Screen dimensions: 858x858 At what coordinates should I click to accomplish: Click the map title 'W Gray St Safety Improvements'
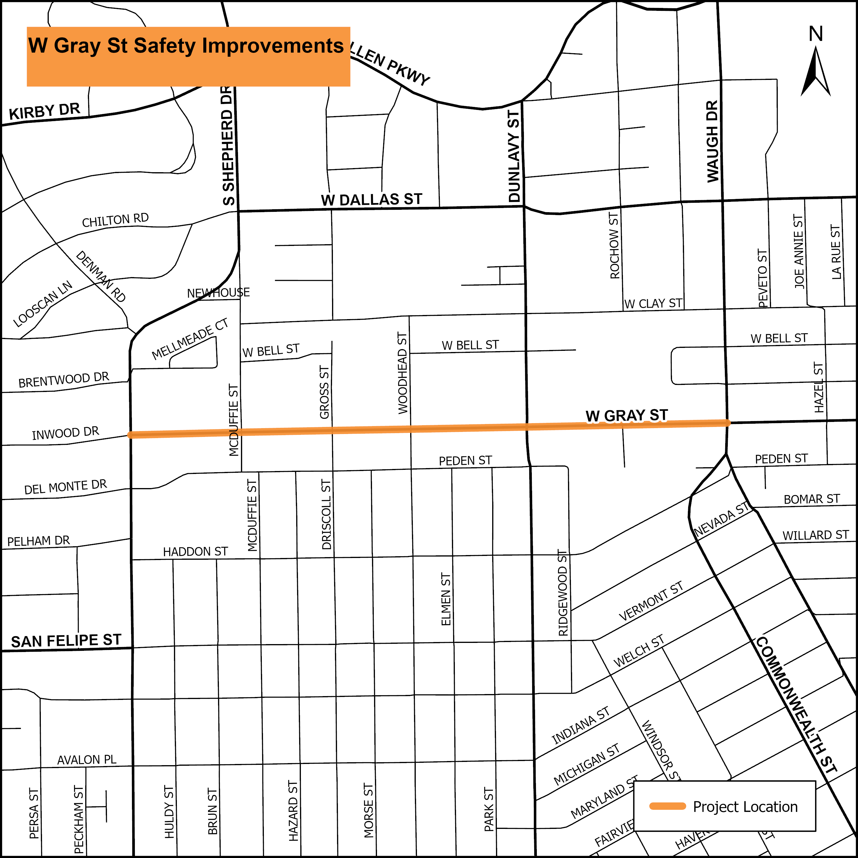[186, 46]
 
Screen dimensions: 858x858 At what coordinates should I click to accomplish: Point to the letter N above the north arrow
[816, 34]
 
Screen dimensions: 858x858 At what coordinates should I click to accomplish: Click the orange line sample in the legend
[668, 806]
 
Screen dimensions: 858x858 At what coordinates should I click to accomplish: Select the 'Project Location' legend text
[745, 807]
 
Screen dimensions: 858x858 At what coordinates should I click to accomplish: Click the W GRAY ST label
[627, 416]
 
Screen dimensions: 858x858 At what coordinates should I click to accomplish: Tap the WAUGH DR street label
[712, 141]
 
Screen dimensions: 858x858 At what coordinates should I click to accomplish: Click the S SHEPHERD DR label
[228, 146]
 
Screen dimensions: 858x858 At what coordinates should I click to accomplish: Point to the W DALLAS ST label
[371, 200]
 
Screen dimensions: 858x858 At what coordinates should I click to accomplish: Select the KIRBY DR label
[44, 111]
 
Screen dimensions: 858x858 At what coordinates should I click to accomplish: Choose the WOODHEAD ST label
[402, 373]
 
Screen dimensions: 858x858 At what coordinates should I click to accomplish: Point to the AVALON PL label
[87, 760]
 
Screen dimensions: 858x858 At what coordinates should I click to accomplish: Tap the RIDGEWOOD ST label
[563, 593]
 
